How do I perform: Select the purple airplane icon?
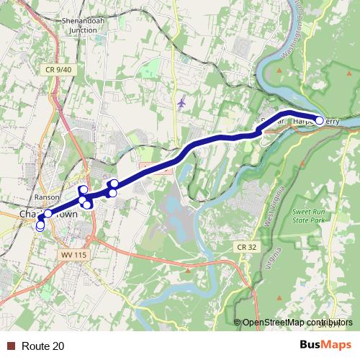pos(181,102)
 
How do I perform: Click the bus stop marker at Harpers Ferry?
pos(320,120)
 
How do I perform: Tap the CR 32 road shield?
pos(246,247)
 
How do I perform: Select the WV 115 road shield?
pos(73,256)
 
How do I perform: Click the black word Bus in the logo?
pos(310,345)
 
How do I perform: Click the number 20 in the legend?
pos(58,346)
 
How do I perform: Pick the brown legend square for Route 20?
pos(9,346)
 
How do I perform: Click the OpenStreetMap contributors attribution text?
pos(297,322)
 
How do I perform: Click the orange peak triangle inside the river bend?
pos(279,71)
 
